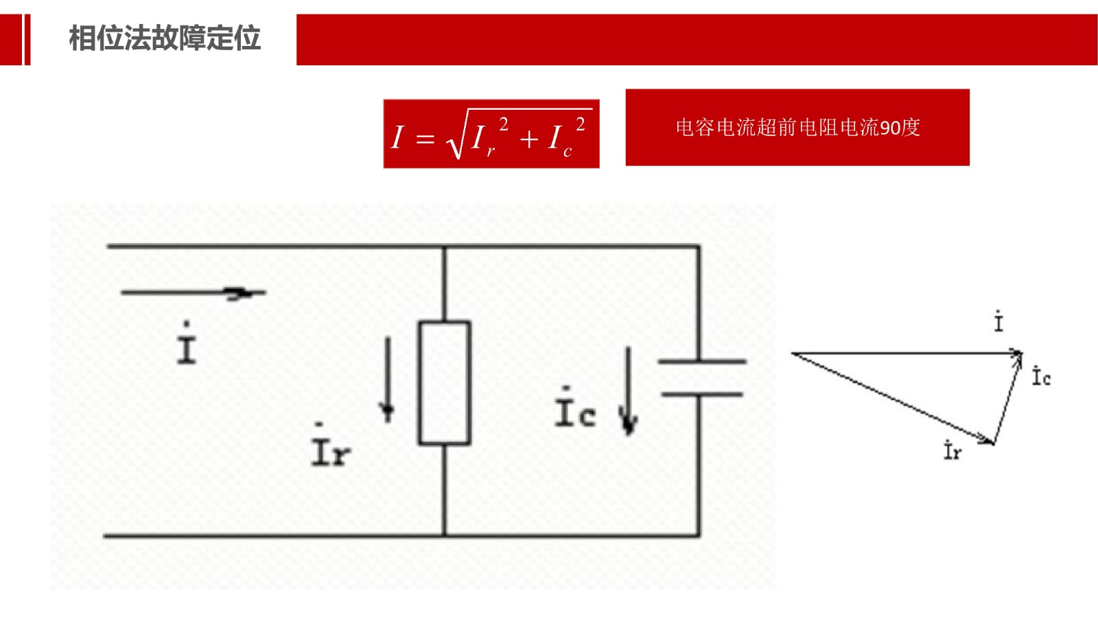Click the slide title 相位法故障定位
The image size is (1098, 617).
coord(165,38)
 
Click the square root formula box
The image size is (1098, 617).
coord(491,134)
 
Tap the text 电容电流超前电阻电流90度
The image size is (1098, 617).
coord(797,128)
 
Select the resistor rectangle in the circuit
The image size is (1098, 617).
coord(445,383)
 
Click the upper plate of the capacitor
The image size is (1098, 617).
coord(701,361)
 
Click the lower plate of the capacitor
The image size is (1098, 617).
coord(701,395)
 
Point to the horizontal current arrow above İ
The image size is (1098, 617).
coord(193,293)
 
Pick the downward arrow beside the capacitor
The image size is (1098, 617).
coord(628,391)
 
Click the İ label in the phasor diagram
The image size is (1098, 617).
coord(998,321)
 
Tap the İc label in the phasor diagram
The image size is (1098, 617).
coord(1041,376)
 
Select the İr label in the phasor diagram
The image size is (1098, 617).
coord(953,451)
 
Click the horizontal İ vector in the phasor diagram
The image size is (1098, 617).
coord(906,353)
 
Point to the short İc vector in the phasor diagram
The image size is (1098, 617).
coord(1007,398)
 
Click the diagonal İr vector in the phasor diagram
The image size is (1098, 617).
coord(892,398)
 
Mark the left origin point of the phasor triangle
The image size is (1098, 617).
coord(793,353)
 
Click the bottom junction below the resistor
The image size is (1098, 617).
coord(445,535)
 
